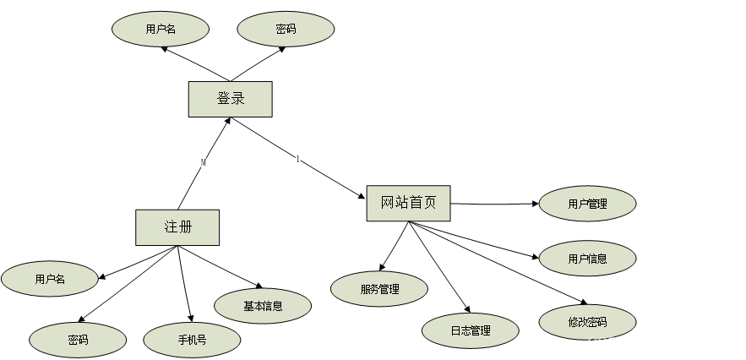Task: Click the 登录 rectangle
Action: [x=230, y=99]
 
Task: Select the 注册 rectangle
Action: [x=177, y=227]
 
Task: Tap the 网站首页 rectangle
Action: [x=408, y=203]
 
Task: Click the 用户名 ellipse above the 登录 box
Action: [x=161, y=29]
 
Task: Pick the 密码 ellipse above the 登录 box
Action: [x=286, y=29]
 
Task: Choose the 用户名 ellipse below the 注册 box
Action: [x=50, y=279]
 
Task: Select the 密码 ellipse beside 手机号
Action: [x=78, y=341]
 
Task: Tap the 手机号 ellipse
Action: [x=192, y=341]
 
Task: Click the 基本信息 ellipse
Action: [x=263, y=306]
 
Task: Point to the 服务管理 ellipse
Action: [x=379, y=289]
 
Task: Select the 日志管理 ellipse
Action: [x=470, y=330]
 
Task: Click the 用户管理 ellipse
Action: [x=587, y=204]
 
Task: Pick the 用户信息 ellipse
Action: [x=587, y=259]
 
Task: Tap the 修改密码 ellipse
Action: [x=587, y=322]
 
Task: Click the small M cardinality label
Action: [x=204, y=162]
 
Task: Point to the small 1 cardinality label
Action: [x=297, y=159]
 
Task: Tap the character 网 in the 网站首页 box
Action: [x=388, y=203]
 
